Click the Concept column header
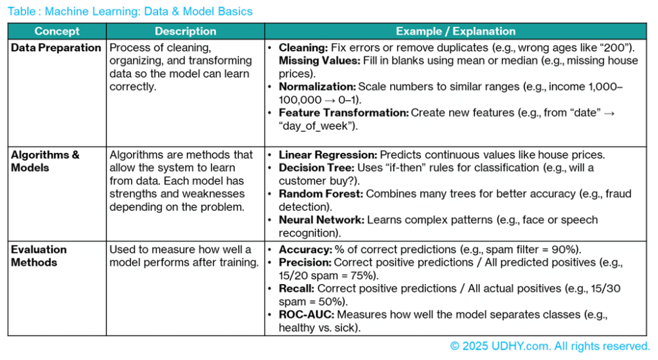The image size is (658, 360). tap(57, 32)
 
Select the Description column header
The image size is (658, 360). tap(185, 32)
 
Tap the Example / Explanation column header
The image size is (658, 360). tap(456, 32)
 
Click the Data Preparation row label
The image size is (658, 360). tap(56, 48)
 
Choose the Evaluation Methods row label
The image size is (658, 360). tap(39, 256)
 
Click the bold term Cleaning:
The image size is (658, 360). tap(304, 48)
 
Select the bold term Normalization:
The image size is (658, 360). tap(317, 87)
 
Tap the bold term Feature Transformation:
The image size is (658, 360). tap(344, 113)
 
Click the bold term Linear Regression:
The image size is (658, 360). tap(328, 155)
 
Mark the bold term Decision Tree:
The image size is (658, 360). tap(315, 168)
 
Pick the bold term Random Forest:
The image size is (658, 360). tap(319, 194)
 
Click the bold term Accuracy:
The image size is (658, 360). tap(305, 249)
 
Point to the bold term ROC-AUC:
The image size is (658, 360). tap(306, 315)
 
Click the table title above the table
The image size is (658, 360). tap(130, 12)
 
